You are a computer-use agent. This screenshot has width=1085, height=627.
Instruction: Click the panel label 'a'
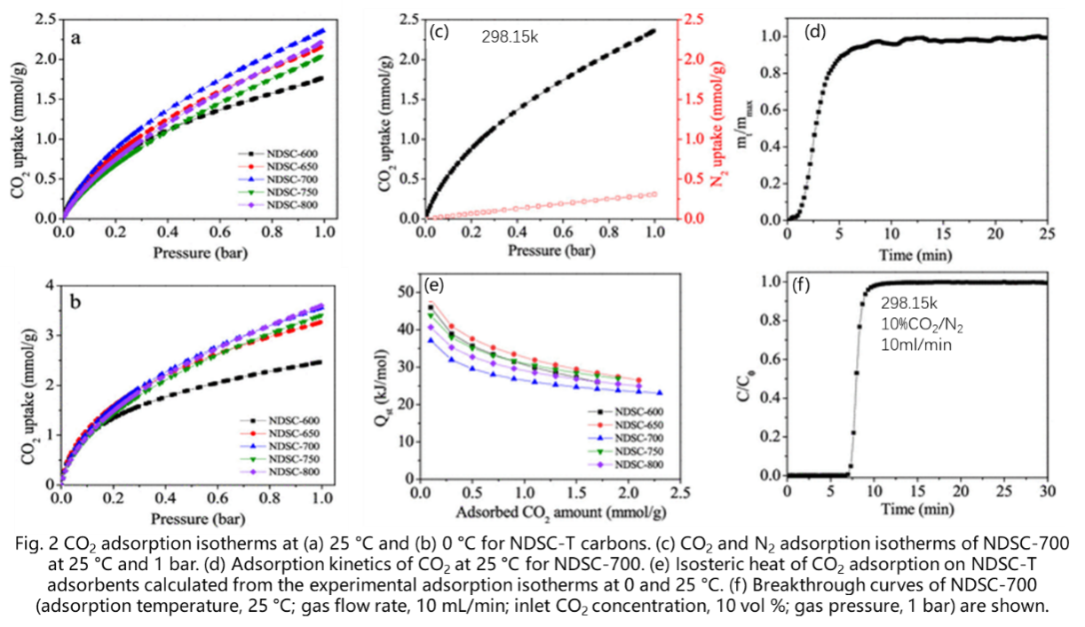pyautogui.click(x=77, y=38)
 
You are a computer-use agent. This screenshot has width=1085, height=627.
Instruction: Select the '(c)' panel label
pyautogui.click(x=439, y=33)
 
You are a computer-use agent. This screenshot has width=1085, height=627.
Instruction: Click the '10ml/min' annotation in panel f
pyautogui.click(x=916, y=344)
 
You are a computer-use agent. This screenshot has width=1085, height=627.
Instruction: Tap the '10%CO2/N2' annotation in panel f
pyautogui.click(x=924, y=326)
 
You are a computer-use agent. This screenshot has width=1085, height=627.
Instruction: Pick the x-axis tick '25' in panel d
pyautogui.click(x=1045, y=233)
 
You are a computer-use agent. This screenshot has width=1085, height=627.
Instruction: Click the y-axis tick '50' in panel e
pyautogui.click(x=407, y=292)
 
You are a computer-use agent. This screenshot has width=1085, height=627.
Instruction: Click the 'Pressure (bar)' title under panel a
pyautogui.click(x=194, y=253)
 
